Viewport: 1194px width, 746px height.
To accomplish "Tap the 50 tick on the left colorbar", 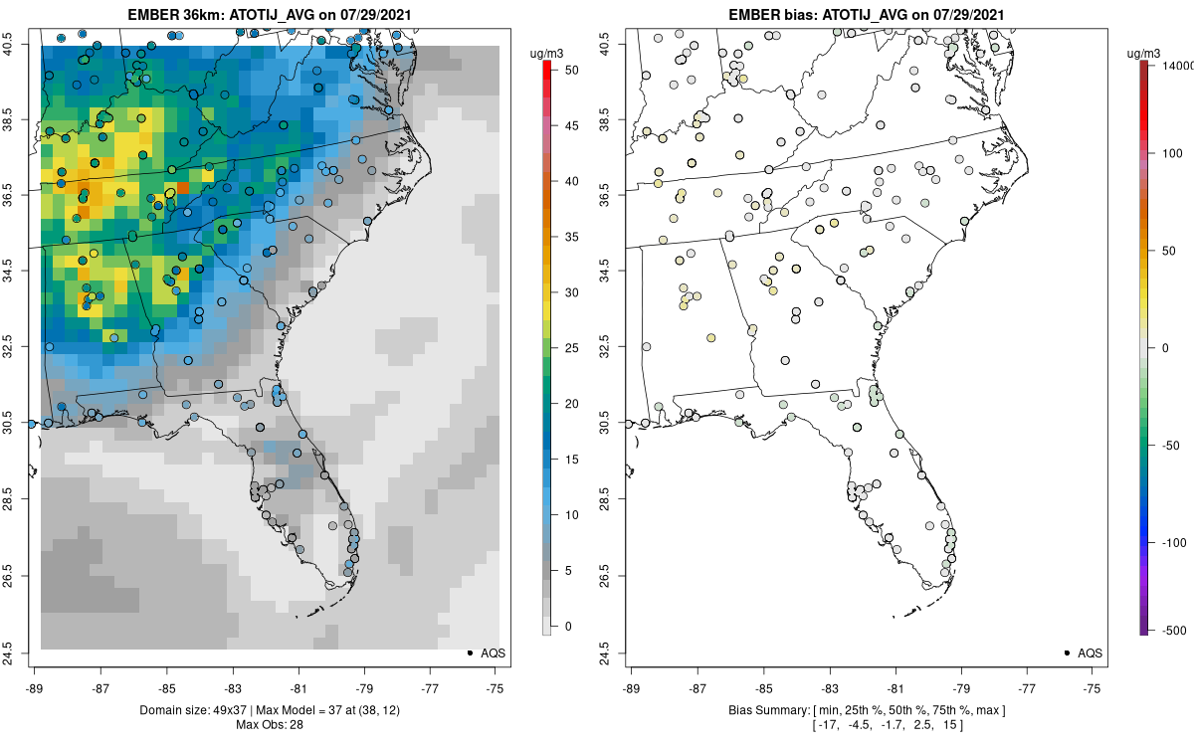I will [564, 71].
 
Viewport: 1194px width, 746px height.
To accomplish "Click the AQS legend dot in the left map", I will [469, 653].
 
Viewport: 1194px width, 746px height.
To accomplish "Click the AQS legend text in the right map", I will [1091, 653].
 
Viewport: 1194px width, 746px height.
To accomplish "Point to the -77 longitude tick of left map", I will [430, 687].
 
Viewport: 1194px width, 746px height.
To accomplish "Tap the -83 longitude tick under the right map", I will [829, 687].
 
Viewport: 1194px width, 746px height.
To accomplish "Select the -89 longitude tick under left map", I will [35, 687].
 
